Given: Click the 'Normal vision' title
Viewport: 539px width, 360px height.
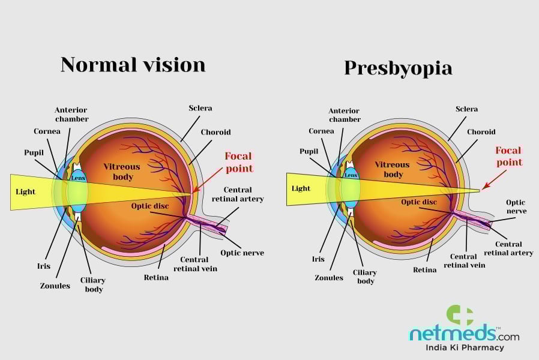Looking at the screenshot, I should (133, 64).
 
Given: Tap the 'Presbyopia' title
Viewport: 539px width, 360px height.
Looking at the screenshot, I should (398, 67).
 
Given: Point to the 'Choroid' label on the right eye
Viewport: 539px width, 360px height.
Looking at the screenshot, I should (482, 131).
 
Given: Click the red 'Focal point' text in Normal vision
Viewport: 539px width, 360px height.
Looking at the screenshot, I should (238, 162).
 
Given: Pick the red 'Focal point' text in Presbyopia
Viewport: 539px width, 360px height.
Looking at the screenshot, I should (508, 156).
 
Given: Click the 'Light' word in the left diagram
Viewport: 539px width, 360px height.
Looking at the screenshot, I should (26, 192).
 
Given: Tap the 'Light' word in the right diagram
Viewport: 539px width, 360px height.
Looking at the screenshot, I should (301, 188).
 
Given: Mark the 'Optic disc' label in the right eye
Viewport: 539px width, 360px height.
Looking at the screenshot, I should (419, 202).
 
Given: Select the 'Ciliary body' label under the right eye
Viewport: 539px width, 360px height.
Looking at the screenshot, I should (366, 276).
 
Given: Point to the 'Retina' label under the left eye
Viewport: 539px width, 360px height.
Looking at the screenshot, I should (156, 277).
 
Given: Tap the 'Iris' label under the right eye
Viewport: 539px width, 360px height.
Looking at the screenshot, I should (318, 259).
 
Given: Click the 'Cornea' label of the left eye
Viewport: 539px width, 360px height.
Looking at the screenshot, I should (47, 131).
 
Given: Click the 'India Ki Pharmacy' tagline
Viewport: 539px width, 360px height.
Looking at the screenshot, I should (465, 347).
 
